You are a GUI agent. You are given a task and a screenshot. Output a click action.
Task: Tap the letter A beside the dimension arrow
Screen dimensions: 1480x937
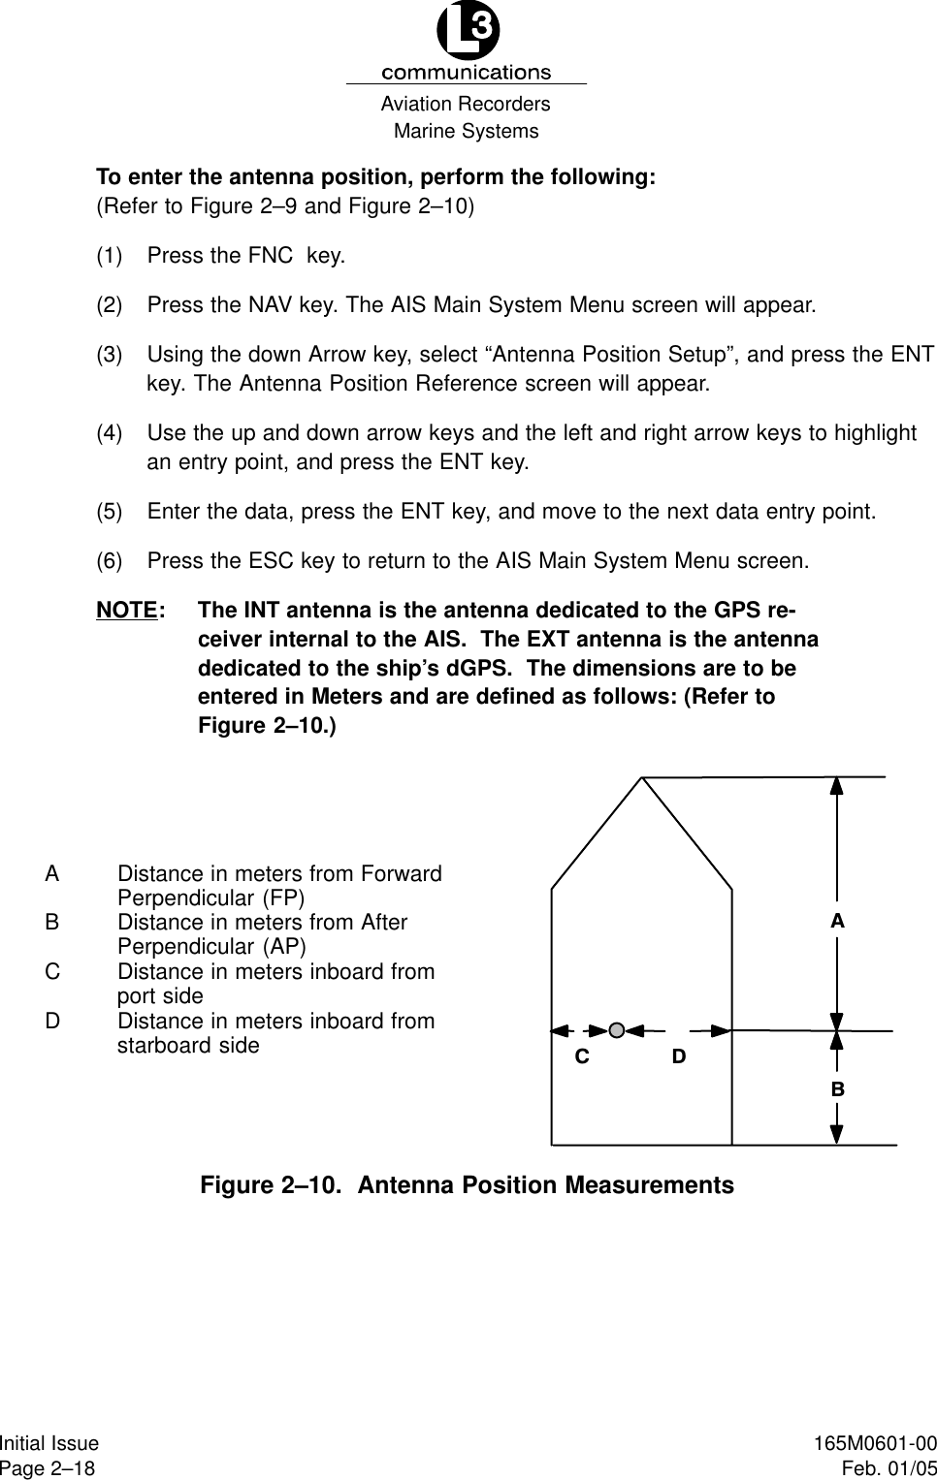click(x=837, y=922)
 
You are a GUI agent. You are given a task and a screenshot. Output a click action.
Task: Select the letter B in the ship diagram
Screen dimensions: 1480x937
click(x=837, y=1089)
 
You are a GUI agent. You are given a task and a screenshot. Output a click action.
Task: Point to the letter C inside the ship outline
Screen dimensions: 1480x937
click(x=582, y=1056)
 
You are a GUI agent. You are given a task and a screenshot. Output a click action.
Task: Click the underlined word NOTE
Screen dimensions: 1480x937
click(x=127, y=611)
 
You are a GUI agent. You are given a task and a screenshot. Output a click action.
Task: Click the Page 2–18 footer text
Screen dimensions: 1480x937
click(x=48, y=1467)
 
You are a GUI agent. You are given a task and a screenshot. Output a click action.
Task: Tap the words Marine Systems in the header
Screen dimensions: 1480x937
click(x=466, y=131)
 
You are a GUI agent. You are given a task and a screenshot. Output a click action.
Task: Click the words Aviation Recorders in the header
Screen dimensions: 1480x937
click(x=466, y=104)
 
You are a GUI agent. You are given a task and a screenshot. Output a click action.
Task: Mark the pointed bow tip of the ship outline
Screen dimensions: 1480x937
click(x=643, y=777)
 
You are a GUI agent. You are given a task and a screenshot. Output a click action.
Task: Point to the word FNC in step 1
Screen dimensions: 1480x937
click(x=271, y=256)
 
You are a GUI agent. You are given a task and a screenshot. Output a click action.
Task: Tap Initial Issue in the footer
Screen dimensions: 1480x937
click(x=49, y=1444)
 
